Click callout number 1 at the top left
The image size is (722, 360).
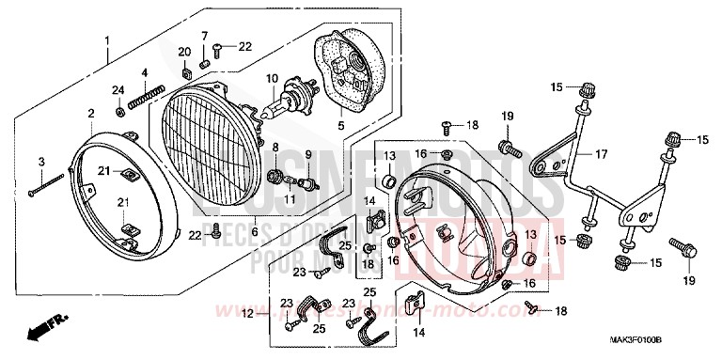[x=107, y=40]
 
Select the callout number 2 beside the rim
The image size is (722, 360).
[x=91, y=114]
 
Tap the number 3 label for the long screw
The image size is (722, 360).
[x=40, y=163]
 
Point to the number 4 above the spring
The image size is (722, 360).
[x=145, y=73]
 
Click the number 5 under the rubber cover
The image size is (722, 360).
[x=341, y=124]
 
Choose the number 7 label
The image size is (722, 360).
[x=203, y=36]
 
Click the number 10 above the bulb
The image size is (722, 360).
[x=272, y=78]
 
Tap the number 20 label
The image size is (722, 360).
[x=184, y=50]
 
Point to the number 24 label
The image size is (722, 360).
[x=118, y=90]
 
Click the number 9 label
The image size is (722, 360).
[x=306, y=154]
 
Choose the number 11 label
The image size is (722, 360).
[x=290, y=200]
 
